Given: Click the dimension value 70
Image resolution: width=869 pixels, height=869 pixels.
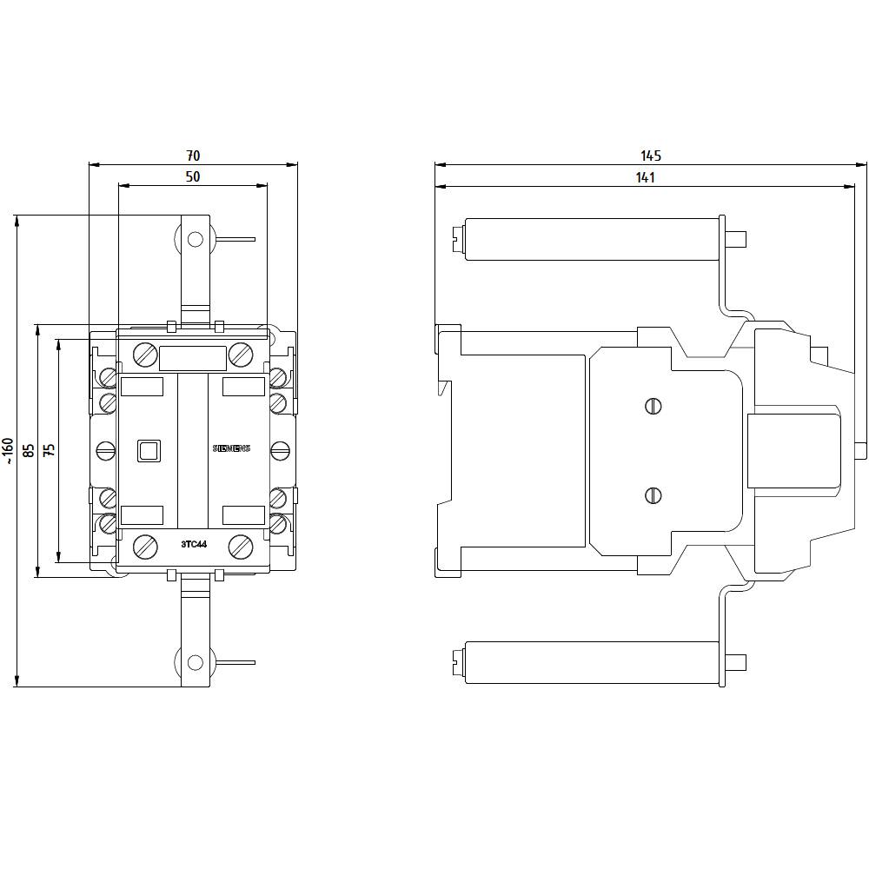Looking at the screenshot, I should (x=193, y=156).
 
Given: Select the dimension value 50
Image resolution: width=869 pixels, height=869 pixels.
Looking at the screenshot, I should (x=193, y=176).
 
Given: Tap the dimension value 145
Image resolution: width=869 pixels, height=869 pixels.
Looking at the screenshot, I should (x=651, y=156).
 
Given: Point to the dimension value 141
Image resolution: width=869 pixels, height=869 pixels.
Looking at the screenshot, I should (x=644, y=177).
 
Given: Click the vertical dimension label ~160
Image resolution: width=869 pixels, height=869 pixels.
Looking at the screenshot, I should (x=8, y=451).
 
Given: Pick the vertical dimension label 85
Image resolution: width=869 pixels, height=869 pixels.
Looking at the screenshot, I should (x=29, y=450).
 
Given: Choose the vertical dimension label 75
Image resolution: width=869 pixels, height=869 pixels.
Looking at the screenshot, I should (x=50, y=450).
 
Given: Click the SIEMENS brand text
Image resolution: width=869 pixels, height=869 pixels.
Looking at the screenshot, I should (x=231, y=448).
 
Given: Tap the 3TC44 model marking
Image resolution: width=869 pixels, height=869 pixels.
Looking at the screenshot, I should (x=194, y=544).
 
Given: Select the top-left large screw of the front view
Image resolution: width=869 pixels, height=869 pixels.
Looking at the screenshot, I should (x=145, y=355).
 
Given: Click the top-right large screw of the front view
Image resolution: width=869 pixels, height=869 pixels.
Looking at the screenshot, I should (x=241, y=355).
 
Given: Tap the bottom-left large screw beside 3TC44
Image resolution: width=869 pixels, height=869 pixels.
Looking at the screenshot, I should (x=145, y=547).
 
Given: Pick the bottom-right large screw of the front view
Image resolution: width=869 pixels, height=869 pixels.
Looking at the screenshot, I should (x=241, y=547).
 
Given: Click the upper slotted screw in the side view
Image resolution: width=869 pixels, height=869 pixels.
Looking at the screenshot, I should (x=653, y=406).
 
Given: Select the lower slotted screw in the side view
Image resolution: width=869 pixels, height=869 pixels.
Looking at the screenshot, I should (x=653, y=495).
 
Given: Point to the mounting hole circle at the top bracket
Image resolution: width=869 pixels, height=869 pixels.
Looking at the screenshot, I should (x=195, y=239).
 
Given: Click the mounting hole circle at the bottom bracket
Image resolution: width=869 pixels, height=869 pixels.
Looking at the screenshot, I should (x=195, y=662).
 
